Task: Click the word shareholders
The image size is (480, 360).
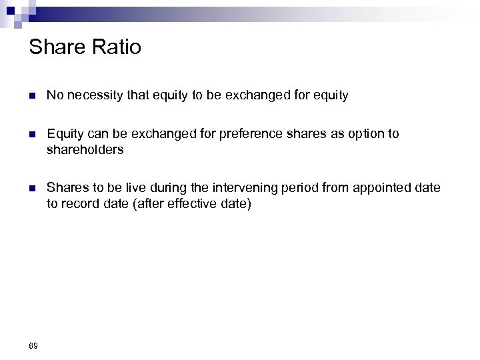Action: click(85, 150)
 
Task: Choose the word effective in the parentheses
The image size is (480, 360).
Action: click(194, 204)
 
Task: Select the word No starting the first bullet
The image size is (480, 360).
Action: click(55, 96)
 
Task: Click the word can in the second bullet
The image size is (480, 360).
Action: click(95, 135)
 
